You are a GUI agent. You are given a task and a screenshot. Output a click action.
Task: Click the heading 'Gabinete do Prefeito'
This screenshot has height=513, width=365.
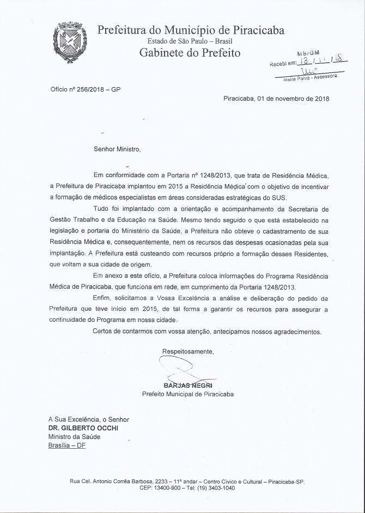[x=190, y=53]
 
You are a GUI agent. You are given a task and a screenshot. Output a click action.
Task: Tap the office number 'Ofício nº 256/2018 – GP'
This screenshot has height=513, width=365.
[x=85, y=88]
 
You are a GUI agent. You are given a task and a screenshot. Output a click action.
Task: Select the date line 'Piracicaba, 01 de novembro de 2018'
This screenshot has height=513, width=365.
[x=276, y=99]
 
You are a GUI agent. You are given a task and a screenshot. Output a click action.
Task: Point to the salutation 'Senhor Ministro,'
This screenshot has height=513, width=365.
[x=117, y=149]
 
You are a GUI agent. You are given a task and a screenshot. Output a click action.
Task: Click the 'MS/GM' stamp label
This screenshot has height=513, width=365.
[x=308, y=53]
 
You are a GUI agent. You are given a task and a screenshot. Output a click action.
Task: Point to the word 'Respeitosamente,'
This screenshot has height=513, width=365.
[x=188, y=351]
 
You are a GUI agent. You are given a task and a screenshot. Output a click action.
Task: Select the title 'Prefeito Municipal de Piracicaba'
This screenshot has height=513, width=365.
[x=188, y=394]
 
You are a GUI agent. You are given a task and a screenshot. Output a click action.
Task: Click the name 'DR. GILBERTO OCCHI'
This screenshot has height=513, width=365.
[x=83, y=428]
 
